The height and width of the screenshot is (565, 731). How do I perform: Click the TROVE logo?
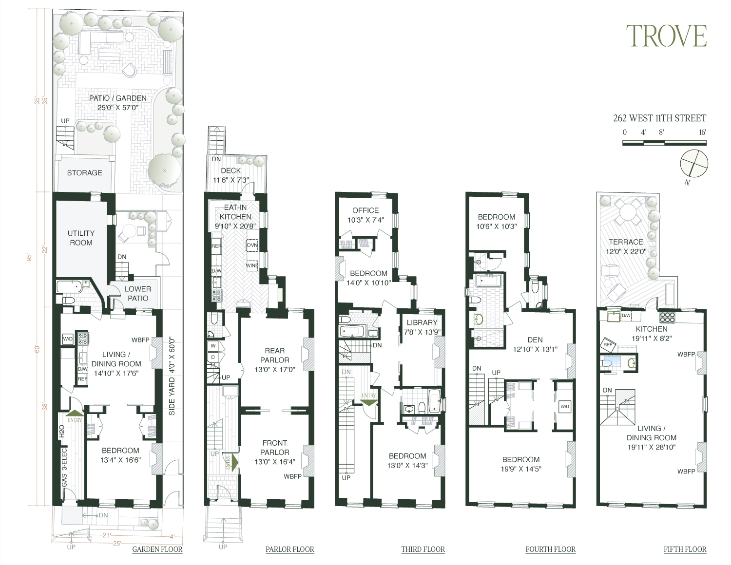[666, 36]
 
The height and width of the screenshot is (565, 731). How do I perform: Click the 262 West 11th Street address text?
[659, 118]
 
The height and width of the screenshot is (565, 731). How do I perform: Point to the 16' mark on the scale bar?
[702, 132]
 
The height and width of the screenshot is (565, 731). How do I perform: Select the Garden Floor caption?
[157, 549]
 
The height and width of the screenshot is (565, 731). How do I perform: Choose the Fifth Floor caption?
[685, 549]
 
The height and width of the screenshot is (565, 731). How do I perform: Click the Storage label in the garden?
[84, 173]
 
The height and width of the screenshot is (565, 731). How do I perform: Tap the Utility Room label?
[81, 238]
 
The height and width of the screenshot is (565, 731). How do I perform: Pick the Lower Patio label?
[138, 293]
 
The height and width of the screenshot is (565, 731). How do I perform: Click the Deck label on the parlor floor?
[231, 170]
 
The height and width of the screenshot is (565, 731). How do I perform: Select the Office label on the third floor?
[365, 210]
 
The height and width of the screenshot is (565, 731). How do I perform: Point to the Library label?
[422, 322]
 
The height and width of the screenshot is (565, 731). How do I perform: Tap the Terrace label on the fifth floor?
[626, 242]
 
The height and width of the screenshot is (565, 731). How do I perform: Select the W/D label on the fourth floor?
[565, 406]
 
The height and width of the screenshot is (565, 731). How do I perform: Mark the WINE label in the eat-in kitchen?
[252, 266]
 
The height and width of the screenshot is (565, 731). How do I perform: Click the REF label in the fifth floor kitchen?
[608, 344]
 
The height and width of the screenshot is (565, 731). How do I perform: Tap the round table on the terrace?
[625, 213]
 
